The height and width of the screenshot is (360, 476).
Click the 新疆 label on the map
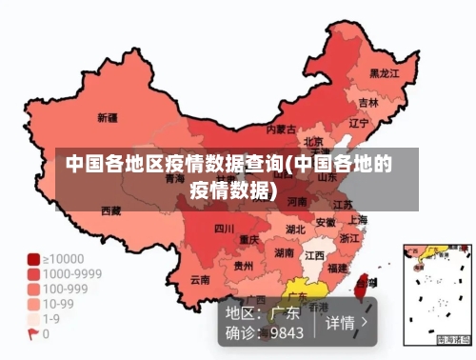point(108,118)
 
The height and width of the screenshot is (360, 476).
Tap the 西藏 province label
point(110,210)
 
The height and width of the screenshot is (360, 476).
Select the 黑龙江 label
point(384,72)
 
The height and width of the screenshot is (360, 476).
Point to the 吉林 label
point(368,102)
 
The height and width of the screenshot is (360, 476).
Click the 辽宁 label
point(358,123)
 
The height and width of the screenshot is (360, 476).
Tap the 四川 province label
point(224,229)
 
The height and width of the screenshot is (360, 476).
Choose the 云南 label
point(200,280)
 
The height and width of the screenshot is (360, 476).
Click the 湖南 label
point(284,253)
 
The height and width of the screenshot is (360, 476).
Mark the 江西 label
point(314,256)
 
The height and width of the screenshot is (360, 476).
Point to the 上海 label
point(358,219)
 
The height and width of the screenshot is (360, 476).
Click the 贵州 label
point(244,266)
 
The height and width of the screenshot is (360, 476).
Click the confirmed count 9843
point(287,333)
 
